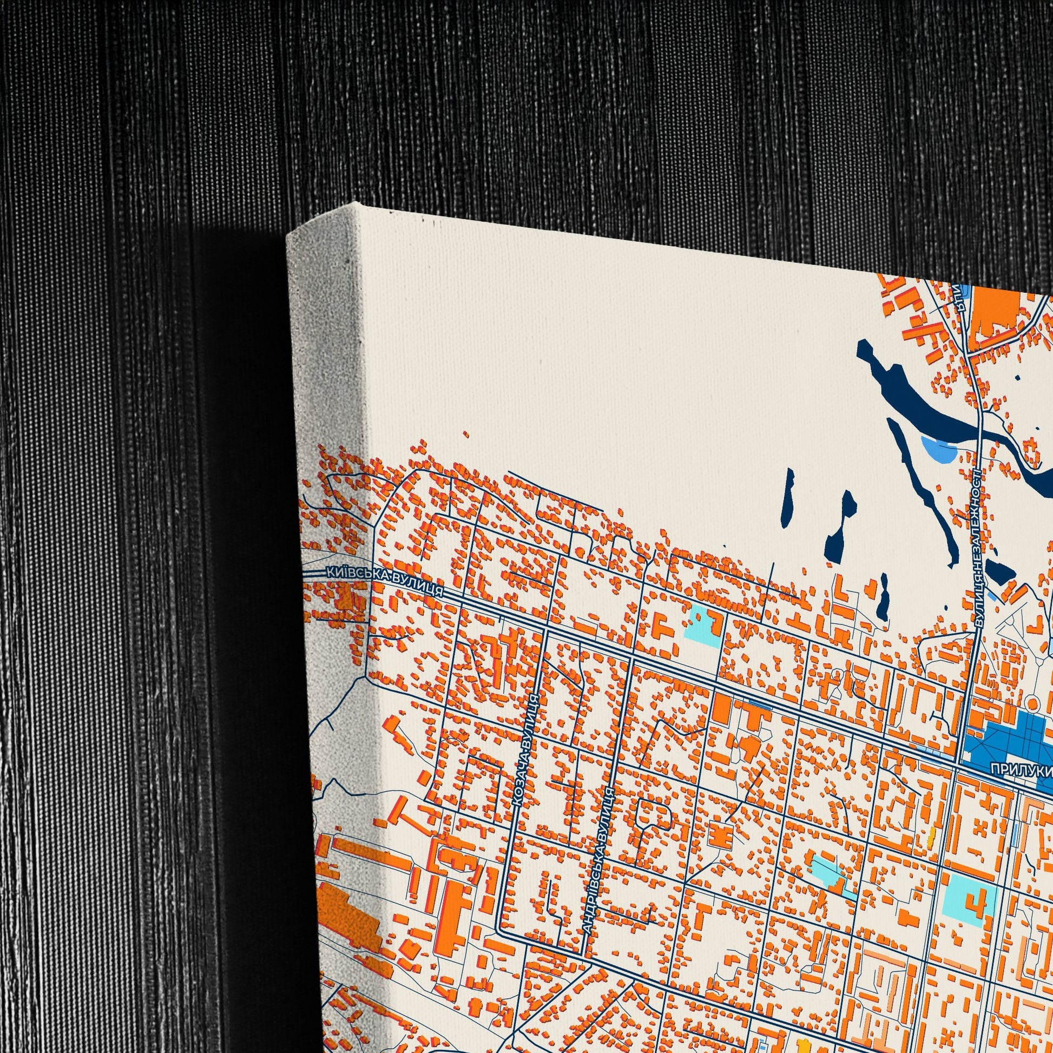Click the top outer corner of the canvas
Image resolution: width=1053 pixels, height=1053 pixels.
pos(356,203)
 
